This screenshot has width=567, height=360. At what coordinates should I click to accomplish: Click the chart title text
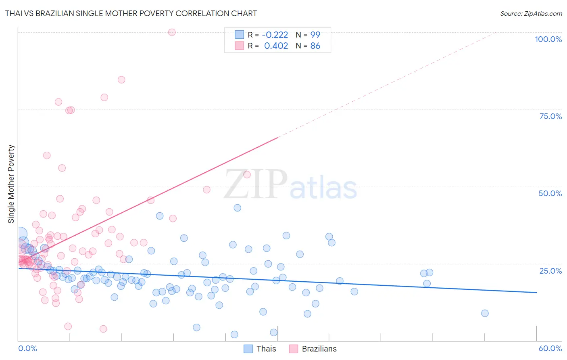[131, 13]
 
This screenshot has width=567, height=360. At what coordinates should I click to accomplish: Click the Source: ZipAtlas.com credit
[531, 13]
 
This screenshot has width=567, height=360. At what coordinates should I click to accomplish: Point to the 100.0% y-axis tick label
[548, 39]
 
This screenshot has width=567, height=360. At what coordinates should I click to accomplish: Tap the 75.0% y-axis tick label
[550, 116]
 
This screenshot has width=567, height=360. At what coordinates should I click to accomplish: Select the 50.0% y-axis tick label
[550, 193]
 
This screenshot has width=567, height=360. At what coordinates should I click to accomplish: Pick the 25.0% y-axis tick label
[550, 270]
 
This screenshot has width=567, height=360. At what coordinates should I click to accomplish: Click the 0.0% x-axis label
[27, 348]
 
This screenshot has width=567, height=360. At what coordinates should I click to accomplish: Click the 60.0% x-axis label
[550, 348]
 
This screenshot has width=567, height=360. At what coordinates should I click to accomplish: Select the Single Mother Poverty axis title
[11, 184]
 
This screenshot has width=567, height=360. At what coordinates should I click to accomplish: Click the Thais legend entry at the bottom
[266, 349]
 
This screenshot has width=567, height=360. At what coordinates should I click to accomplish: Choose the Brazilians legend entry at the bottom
[319, 349]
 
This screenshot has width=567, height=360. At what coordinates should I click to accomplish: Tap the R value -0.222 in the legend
[275, 35]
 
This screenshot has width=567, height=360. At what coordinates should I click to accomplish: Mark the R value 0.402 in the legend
[276, 46]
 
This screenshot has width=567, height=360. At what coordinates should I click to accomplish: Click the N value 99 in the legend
[315, 35]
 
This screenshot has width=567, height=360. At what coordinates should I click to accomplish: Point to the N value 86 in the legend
[315, 46]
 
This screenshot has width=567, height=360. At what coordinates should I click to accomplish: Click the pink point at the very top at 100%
[172, 32]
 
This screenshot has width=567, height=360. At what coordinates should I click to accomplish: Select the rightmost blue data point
[485, 313]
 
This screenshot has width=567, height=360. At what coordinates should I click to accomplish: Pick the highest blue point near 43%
[238, 208]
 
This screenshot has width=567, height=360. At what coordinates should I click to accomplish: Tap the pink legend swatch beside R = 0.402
[240, 46]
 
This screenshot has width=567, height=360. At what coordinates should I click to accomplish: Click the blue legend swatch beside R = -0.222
[240, 35]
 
